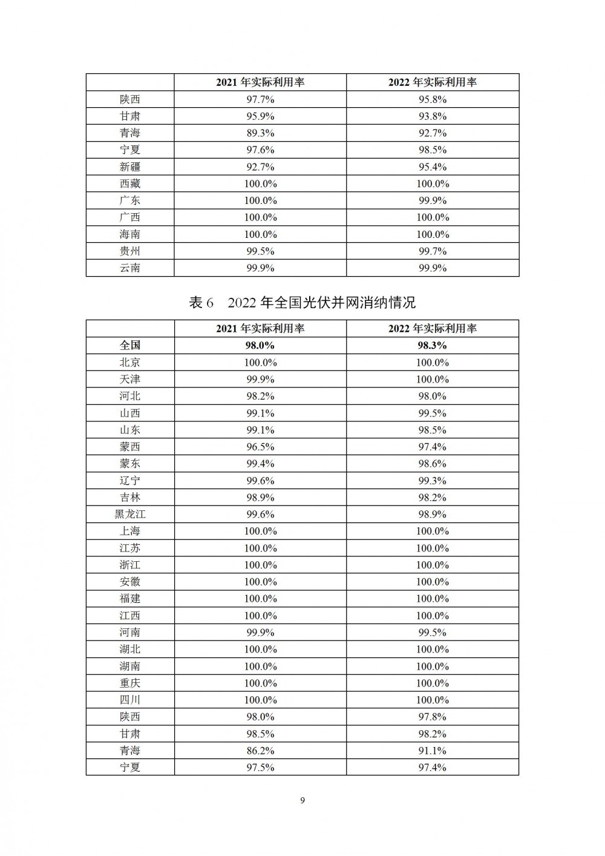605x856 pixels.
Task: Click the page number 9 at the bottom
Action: tap(302, 801)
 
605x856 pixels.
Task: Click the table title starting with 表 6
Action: tap(302, 302)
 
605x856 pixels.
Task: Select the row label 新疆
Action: tap(130, 166)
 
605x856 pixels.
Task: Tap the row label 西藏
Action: tap(130, 183)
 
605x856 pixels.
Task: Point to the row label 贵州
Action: tap(130, 251)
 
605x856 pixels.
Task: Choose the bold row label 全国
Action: tap(130, 345)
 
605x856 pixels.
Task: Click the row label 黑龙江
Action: tap(130, 514)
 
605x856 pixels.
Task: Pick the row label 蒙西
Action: tap(130, 447)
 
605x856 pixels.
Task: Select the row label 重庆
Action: tap(130, 683)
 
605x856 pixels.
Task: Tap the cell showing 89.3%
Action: tap(260, 133)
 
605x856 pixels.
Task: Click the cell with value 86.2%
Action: tap(260, 750)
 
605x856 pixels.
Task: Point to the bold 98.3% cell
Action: tap(433, 345)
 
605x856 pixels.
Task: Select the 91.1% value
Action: tap(433, 750)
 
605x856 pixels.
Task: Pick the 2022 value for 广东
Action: tap(433, 200)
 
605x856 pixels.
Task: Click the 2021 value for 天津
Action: tap(260, 379)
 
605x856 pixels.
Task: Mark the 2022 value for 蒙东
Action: tap(433, 464)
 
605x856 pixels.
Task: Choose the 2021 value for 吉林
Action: tap(260, 497)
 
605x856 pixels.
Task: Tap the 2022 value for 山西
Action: tap(433, 413)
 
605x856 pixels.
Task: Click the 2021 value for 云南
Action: tap(260, 268)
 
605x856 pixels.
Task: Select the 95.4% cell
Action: tap(433, 166)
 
